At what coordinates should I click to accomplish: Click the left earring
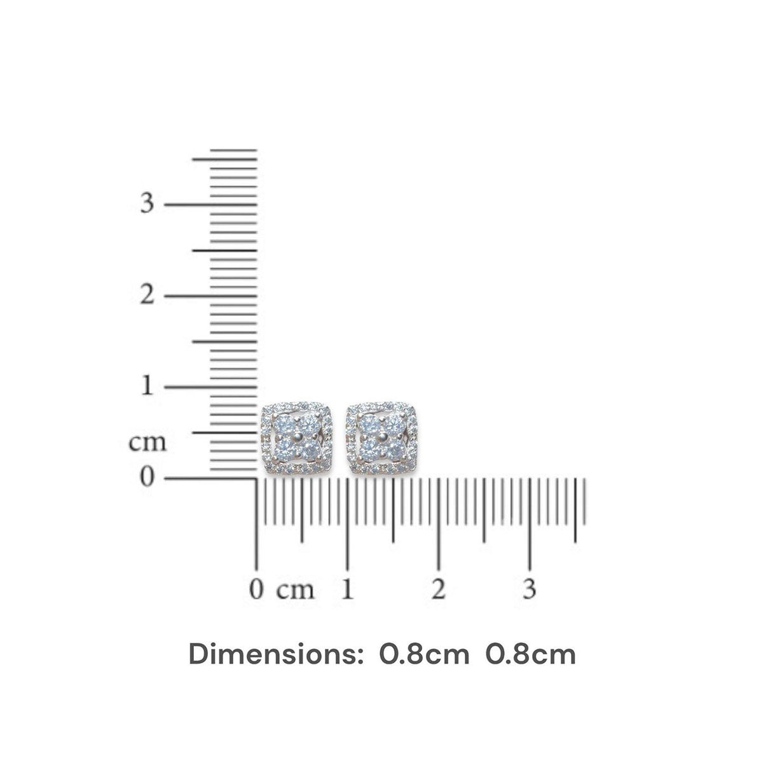click(x=297, y=437)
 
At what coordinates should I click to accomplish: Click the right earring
click(x=380, y=437)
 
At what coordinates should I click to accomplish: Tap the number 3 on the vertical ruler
click(x=148, y=203)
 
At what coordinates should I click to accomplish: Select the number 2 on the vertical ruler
click(x=148, y=295)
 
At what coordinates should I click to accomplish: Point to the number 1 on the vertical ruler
click(x=148, y=386)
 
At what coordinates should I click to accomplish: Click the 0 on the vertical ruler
click(x=148, y=476)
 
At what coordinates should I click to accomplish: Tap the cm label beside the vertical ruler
click(x=148, y=442)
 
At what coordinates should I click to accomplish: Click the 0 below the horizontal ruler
click(x=256, y=589)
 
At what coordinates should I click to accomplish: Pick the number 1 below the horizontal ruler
click(x=347, y=589)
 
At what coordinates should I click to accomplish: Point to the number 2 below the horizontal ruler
click(x=438, y=589)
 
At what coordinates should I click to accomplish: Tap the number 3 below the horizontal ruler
click(x=530, y=589)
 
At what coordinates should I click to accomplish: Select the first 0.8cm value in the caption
click(x=424, y=654)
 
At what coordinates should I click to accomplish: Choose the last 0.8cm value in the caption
click(x=531, y=654)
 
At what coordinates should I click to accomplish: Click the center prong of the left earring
click(x=297, y=437)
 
